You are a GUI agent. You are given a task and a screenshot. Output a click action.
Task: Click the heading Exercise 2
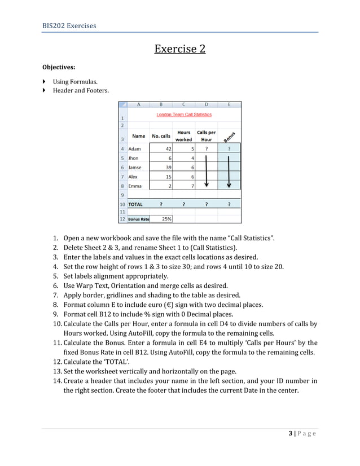179,49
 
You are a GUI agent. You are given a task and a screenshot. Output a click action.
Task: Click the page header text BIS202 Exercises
69,25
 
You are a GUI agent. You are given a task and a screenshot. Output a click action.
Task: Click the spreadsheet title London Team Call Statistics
184,115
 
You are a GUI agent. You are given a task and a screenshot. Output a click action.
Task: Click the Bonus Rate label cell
138,219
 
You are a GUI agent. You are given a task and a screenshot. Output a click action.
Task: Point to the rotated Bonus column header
229,136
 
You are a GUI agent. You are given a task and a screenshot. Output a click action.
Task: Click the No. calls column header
161,136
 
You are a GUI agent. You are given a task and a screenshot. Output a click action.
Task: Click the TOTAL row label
135,204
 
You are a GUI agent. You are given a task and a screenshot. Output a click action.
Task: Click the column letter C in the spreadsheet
184,104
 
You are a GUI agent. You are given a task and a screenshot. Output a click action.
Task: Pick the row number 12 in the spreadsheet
122,219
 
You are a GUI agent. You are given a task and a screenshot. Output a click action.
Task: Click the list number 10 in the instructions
56,324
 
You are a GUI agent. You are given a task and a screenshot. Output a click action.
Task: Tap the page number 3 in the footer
290,433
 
